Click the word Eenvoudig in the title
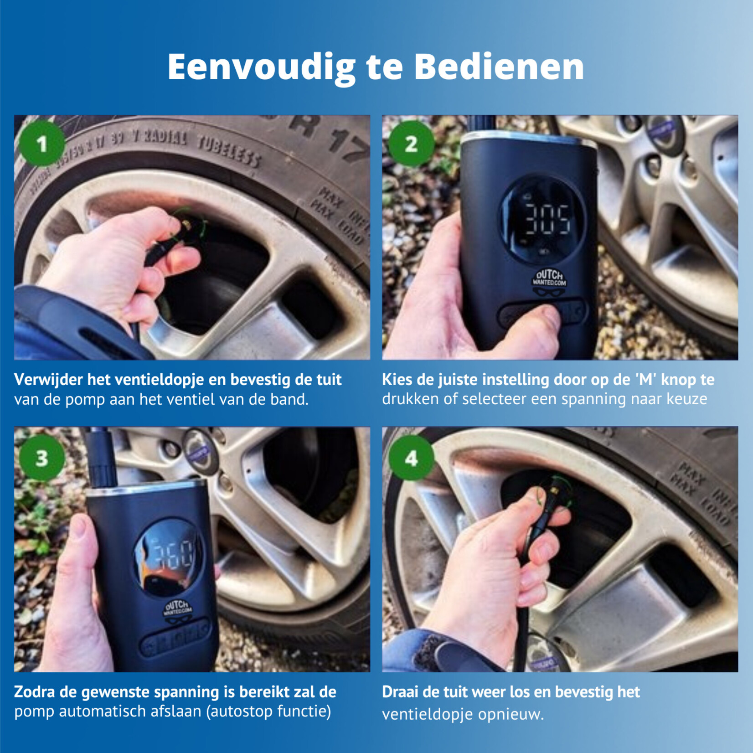tap(262, 67)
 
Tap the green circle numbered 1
tap(41, 144)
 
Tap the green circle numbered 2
tap(411, 144)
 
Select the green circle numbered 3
tap(41, 458)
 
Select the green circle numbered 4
tap(411, 458)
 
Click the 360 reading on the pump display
tap(172, 555)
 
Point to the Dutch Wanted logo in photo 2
tap(549, 281)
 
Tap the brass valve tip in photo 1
tap(186, 224)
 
